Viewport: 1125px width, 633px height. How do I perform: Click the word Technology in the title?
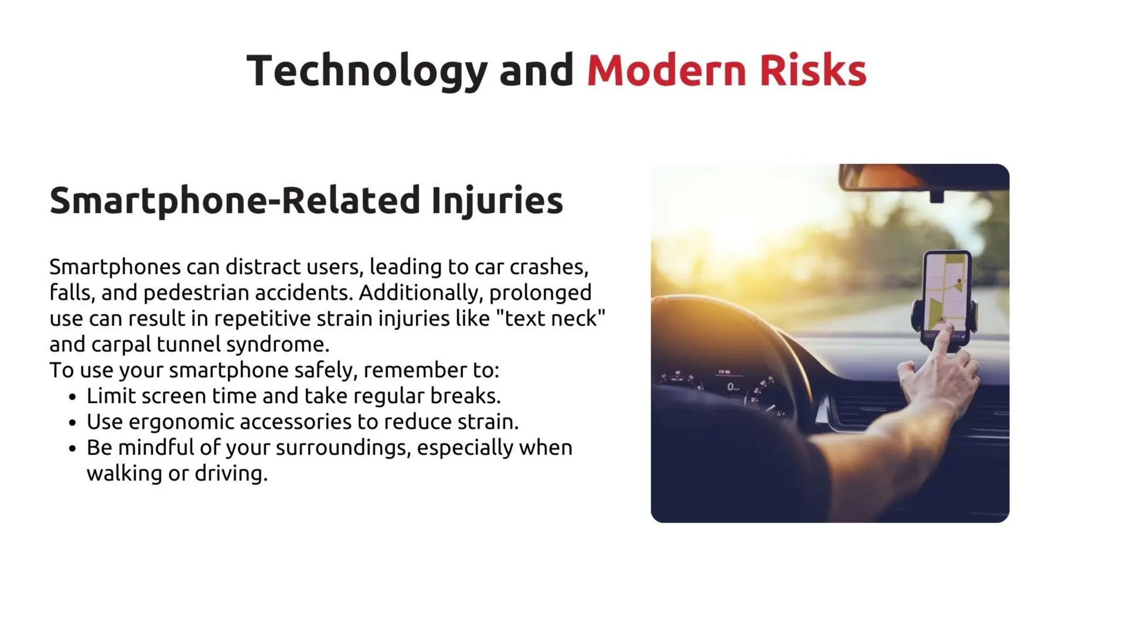coord(366,70)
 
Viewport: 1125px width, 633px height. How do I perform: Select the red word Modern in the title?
coord(666,70)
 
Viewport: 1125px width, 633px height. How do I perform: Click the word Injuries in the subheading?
coord(497,200)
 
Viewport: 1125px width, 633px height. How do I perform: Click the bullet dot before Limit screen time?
coord(73,397)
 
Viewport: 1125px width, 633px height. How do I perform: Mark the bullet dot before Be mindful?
coord(73,448)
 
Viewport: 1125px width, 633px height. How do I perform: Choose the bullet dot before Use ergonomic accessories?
coord(73,423)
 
